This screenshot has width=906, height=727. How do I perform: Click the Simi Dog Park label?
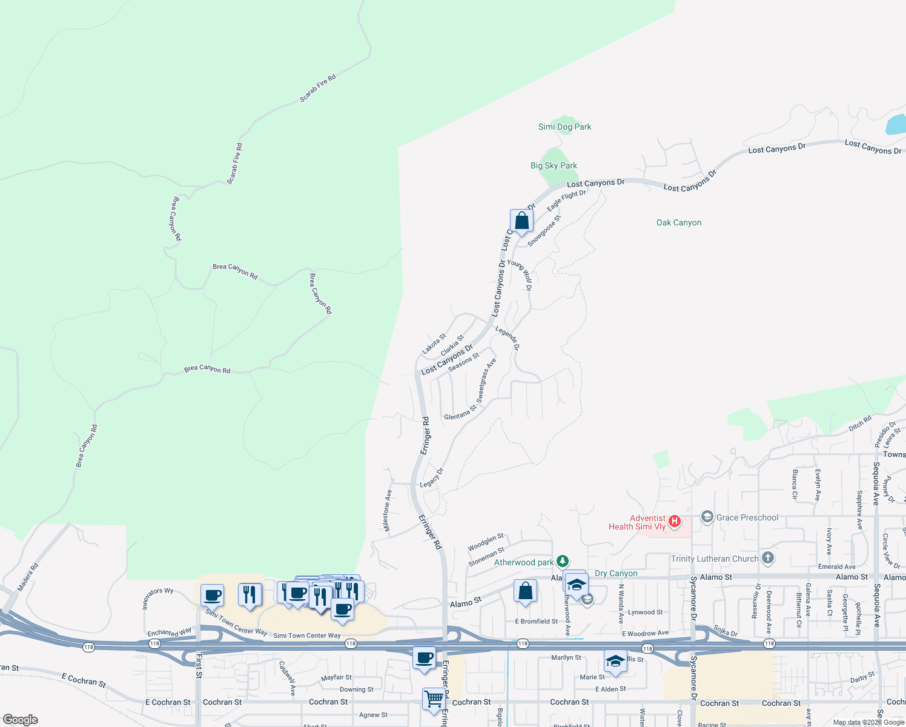(564, 127)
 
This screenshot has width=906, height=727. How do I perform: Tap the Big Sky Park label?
(554, 165)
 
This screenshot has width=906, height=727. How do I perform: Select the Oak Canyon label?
(679, 222)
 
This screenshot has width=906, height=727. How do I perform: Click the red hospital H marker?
(674, 521)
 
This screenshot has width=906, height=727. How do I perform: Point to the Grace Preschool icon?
(707, 517)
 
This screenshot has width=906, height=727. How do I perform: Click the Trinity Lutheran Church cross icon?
(768, 558)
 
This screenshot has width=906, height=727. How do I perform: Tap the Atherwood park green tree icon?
(563, 562)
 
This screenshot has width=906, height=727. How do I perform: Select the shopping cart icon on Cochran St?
(434, 699)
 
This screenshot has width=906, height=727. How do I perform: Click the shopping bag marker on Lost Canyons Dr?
(521, 221)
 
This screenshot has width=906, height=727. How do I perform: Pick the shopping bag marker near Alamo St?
(525, 591)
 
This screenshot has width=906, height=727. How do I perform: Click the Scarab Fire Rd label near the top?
(317, 88)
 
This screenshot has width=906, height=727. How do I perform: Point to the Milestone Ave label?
(388, 510)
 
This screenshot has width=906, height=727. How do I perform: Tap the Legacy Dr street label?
(432, 477)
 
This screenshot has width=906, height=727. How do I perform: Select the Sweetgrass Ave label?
(486, 380)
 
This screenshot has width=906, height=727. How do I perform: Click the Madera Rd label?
(28, 577)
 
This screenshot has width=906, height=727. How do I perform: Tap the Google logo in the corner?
(21, 720)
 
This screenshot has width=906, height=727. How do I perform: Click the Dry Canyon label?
(616, 573)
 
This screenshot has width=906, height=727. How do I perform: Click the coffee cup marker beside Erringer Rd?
(425, 658)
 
